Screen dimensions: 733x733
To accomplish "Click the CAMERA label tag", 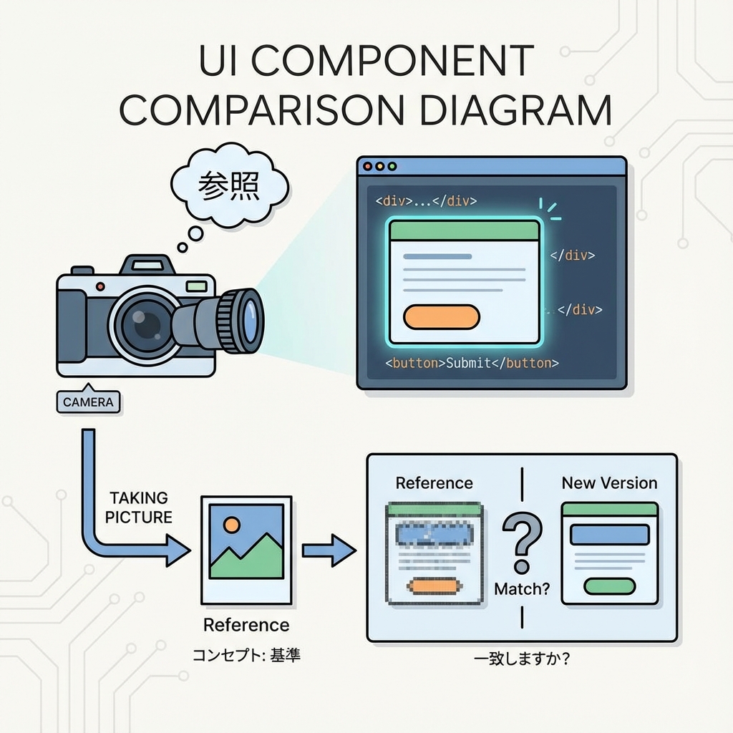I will pos(88,402).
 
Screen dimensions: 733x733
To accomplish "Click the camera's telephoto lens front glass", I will pos(250,319).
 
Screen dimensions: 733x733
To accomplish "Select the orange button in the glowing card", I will pos(441,316).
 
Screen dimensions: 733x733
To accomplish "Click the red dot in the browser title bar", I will pos(368,166).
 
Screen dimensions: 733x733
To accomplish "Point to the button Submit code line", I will pos(472,363).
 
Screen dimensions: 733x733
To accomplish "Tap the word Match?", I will pos(522,589).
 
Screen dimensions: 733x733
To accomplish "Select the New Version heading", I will pos(609,482).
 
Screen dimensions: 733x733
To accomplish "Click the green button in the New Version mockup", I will pos(609,586).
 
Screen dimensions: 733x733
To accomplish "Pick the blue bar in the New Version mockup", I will pos(609,535).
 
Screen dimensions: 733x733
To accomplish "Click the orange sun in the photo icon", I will pos(231,525).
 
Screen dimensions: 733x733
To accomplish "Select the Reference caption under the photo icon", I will pos(246,625).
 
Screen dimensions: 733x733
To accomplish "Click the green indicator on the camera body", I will pos(195,286).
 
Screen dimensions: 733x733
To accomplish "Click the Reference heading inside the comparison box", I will pos(434,482).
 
